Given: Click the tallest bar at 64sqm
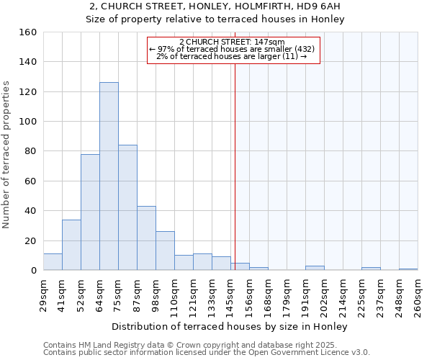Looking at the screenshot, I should [109, 176].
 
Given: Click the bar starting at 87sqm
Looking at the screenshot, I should [146, 238].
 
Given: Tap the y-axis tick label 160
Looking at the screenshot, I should [27, 32].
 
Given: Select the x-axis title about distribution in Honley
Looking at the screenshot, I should [230, 327].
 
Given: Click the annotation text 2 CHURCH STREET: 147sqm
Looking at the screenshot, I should [232, 42].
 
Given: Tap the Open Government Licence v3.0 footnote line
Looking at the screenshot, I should [207, 352].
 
